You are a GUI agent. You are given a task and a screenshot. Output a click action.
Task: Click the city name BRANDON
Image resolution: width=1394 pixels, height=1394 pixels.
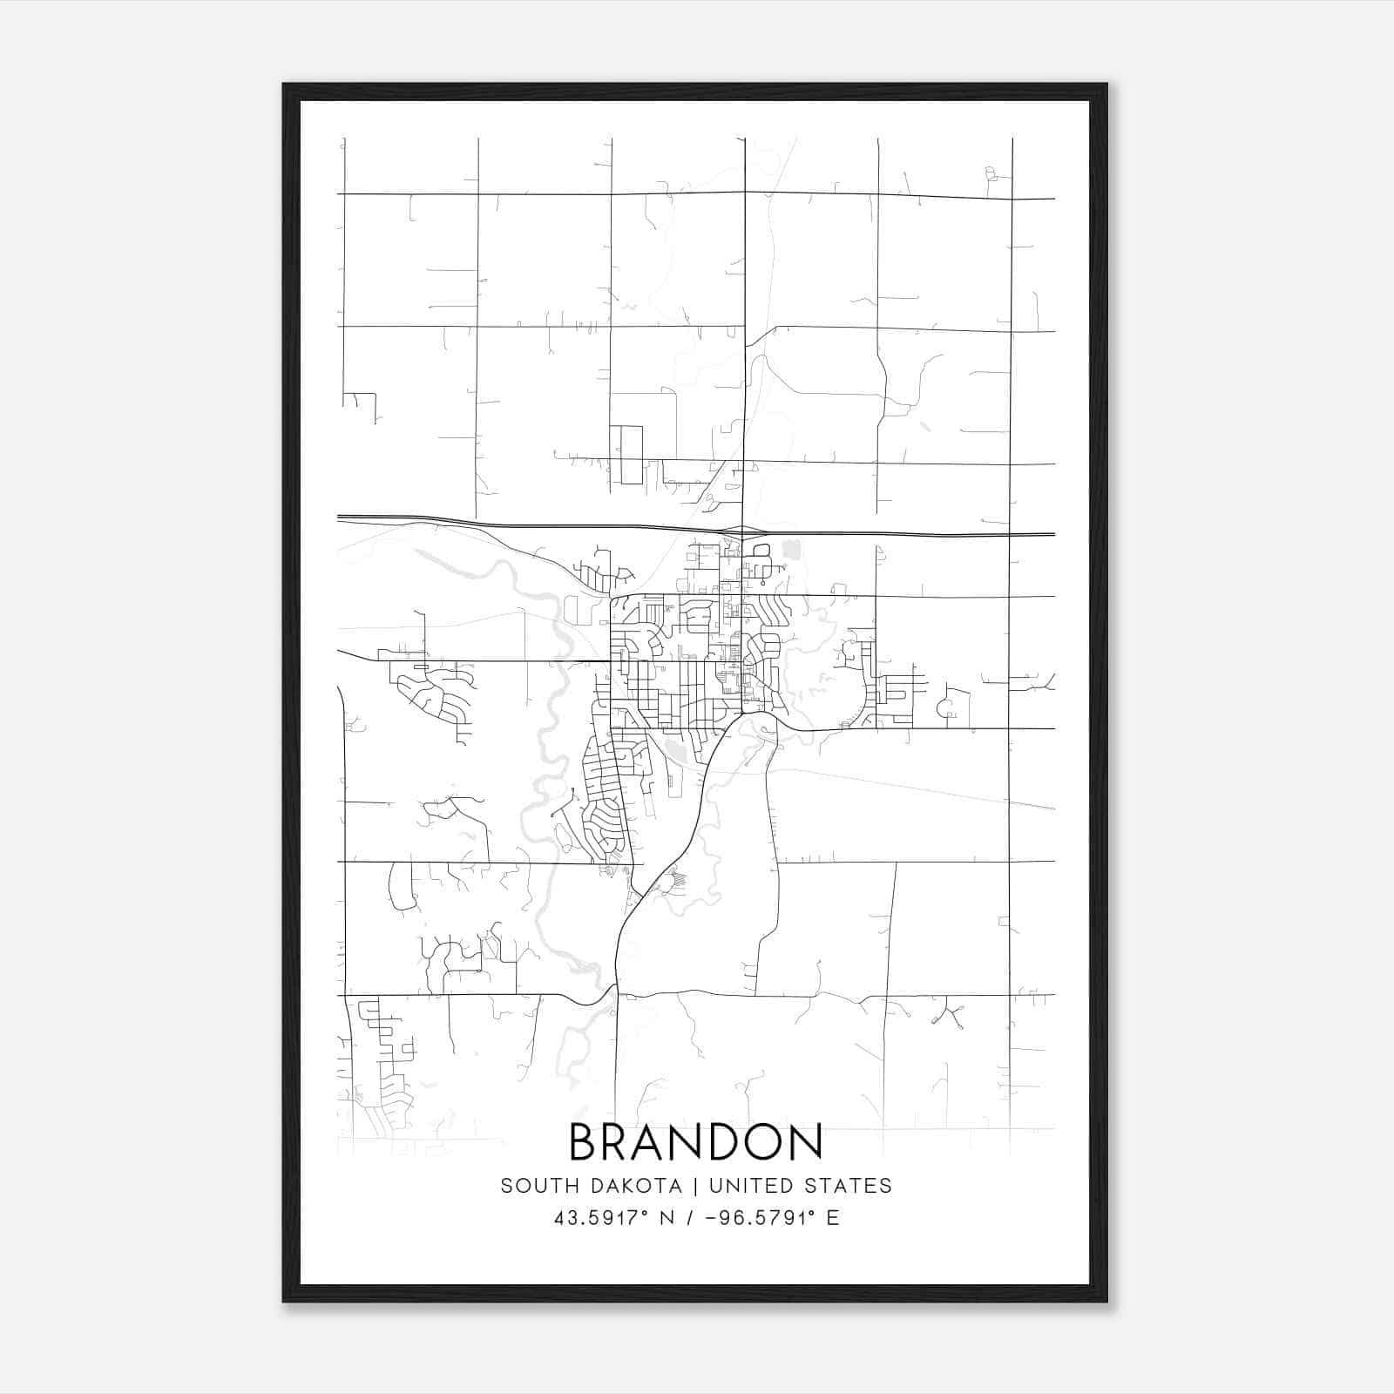point(695,1142)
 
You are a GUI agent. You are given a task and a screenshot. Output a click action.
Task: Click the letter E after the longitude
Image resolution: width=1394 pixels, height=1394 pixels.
point(833,1218)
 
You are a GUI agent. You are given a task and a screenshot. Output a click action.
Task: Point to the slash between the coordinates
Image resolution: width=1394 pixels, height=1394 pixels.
point(689,1218)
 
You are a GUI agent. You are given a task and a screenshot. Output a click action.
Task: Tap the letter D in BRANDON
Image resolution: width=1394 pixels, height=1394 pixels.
point(721,1142)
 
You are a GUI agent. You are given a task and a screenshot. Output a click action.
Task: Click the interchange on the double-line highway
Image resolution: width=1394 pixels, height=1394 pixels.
point(742,531)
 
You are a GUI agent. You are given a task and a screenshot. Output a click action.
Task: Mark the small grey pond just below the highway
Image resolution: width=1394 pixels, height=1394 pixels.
point(791,550)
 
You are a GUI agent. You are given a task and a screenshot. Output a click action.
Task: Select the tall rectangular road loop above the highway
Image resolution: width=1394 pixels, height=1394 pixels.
point(626,455)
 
